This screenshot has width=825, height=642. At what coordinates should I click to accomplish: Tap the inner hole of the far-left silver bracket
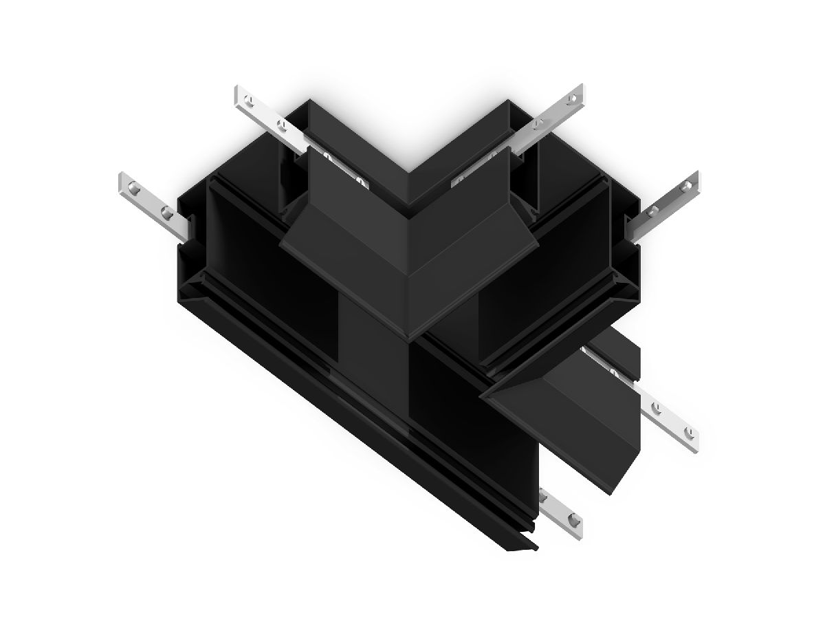[165, 211]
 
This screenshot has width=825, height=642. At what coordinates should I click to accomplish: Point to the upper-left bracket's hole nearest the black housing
[280, 125]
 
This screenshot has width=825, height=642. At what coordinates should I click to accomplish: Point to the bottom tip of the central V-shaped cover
[410, 338]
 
